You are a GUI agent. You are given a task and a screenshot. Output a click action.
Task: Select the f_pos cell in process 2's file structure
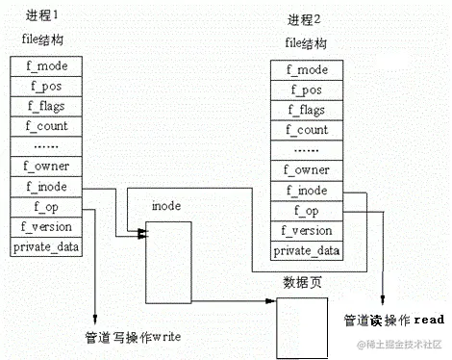308,90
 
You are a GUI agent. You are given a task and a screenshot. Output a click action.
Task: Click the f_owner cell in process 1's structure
47,167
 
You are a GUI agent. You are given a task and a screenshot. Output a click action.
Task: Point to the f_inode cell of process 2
308,191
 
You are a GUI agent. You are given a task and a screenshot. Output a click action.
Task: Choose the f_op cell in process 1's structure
47,207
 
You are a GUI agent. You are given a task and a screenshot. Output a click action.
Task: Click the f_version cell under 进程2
308,231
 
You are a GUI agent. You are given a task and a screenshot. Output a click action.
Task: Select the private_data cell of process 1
47,247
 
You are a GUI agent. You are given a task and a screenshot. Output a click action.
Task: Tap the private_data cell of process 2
308,251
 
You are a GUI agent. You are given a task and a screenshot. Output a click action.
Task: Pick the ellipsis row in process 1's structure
47,146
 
